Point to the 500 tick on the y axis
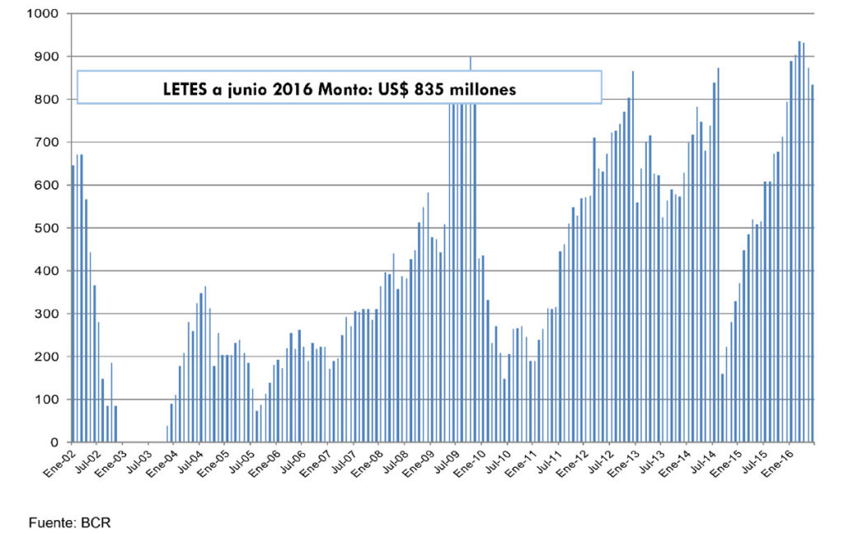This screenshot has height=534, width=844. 45,229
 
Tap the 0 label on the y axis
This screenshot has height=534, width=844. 54,443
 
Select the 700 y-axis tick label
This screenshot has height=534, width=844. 45,143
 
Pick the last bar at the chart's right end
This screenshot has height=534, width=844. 812,263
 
